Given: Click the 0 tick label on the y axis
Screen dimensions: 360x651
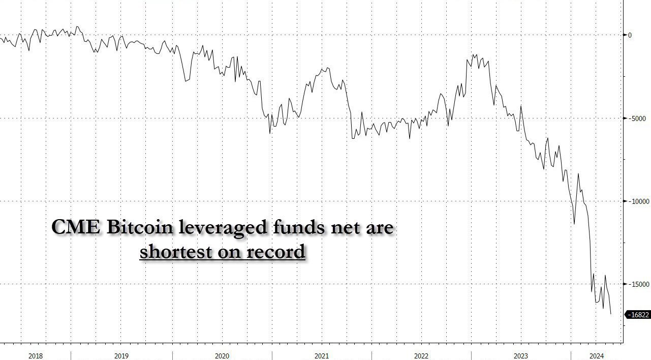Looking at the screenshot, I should [x=630, y=35].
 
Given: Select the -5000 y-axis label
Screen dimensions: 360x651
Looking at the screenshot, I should [x=636, y=118].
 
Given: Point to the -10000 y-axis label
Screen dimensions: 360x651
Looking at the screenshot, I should [x=638, y=201].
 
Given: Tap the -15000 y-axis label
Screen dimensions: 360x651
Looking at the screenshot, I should [x=638, y=284].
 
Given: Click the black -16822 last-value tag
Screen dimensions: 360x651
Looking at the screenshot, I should [x=639, y=315].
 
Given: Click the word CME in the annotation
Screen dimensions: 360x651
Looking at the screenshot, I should [x=77, y=227].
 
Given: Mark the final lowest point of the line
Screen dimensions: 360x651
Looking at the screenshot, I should [x=610, y=314].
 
